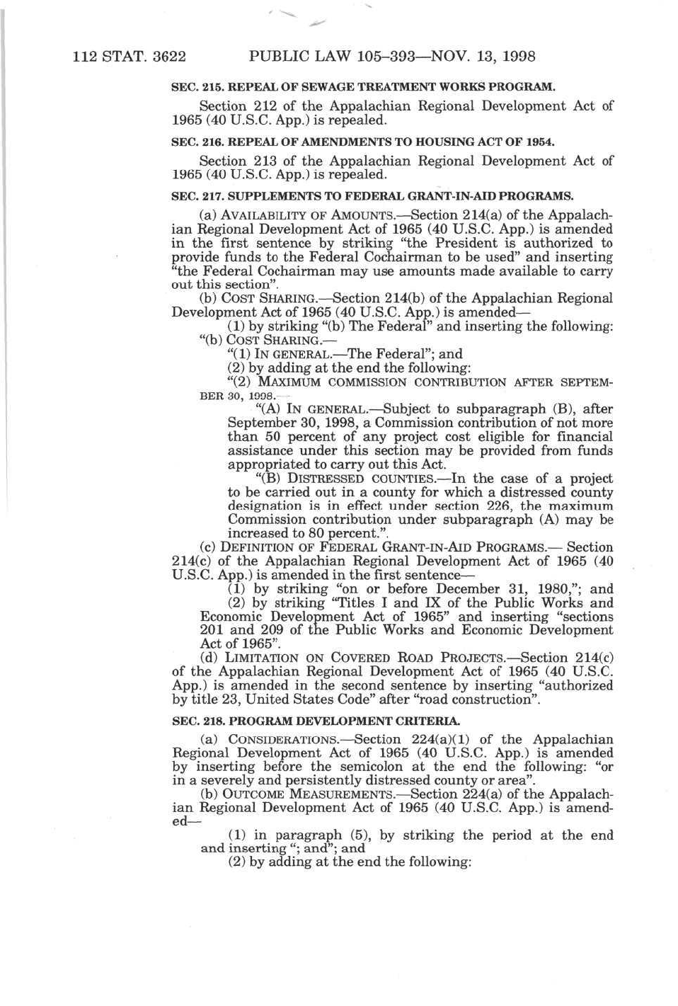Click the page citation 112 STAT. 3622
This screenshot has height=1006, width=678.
point(129,56)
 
